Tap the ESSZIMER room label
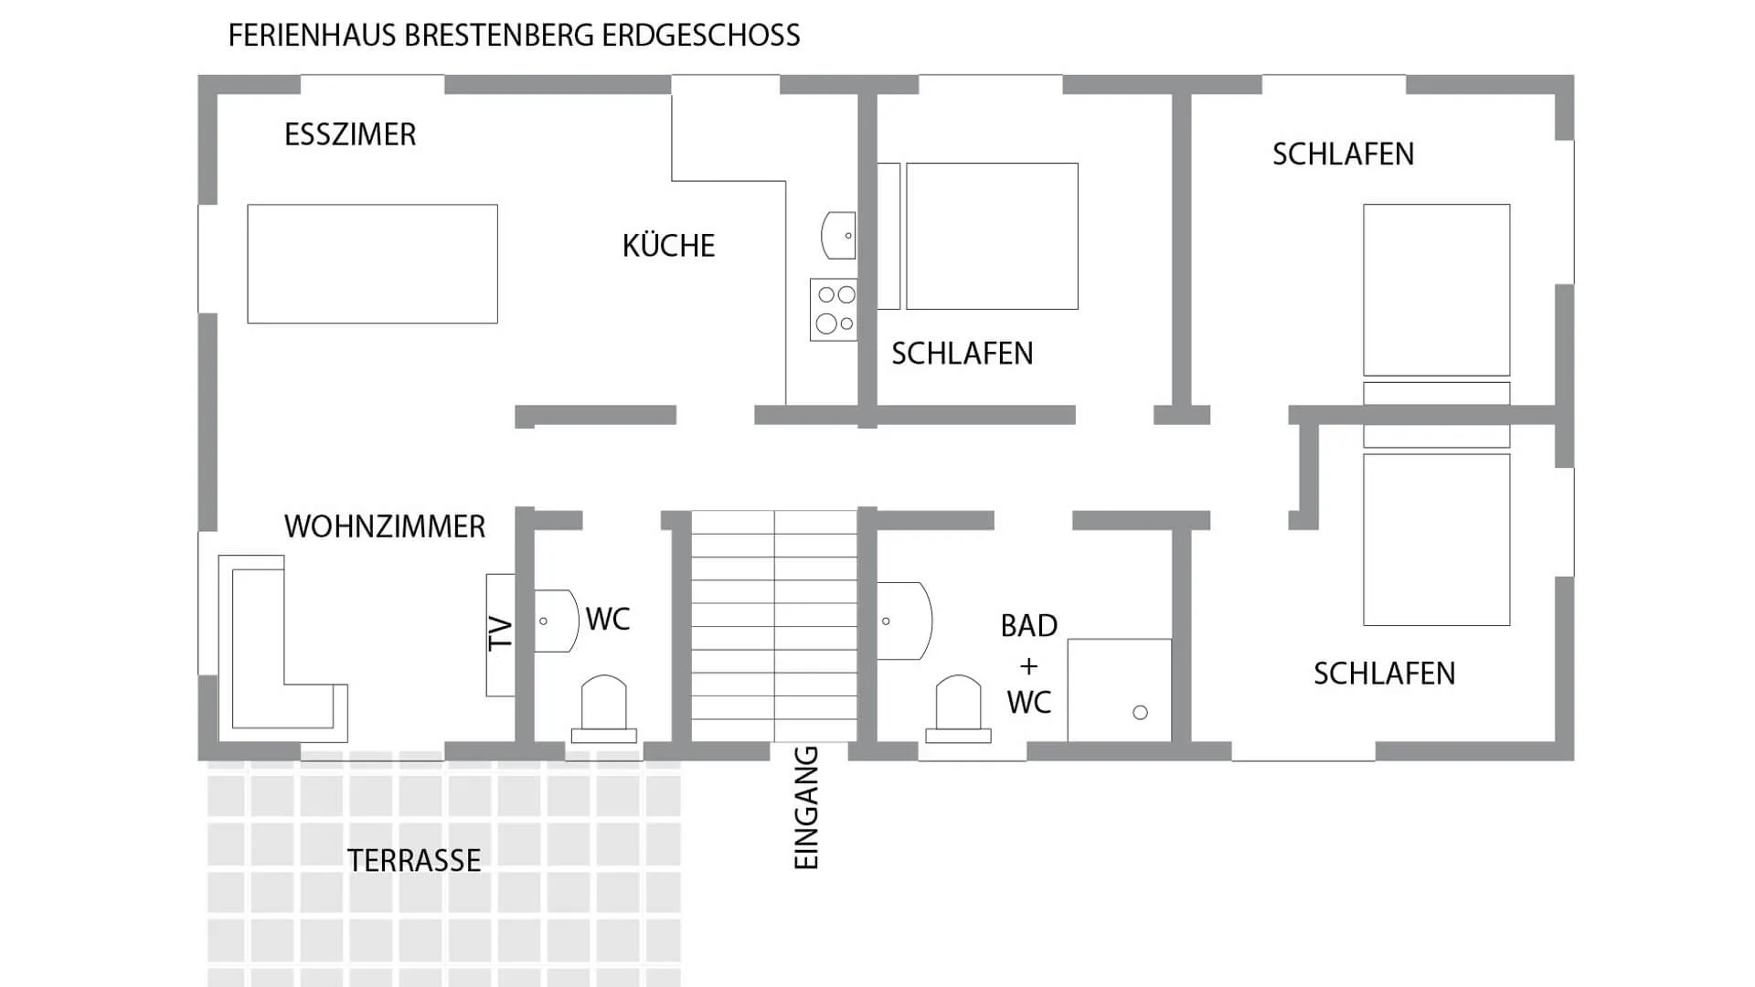(x=350, y=135)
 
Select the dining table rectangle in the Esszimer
(x=372, y=263)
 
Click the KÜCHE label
(x=668, y=246)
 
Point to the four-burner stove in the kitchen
(x=834, y=310)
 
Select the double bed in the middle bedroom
(x=991, y=236)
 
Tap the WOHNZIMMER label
(x=384, y=527)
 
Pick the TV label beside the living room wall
(x=500, y=633)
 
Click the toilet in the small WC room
(x=603, y=708)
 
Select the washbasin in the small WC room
(x=554, y=621)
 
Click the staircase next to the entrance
(x=773, y=626)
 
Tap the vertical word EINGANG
(x=806, y=808)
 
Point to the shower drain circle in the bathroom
(x=1140, y=713)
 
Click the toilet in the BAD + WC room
(x=958, y=708)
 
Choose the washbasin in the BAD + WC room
(x=903, y=621)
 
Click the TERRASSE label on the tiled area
(x=413, y=861)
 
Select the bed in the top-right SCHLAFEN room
(x=1436, y=290)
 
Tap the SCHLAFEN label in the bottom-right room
(x=1384, y=674)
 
